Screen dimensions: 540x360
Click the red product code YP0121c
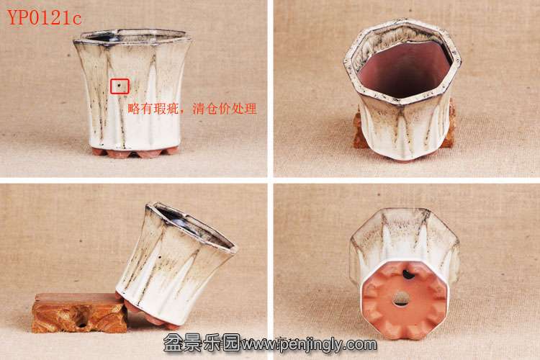click(44, 17)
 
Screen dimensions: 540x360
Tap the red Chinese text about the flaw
click(192, 109)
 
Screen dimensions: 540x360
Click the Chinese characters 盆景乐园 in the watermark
click(201, 343)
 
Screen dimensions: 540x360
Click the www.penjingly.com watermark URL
click(309, 343)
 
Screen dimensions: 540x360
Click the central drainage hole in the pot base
click(400, 299)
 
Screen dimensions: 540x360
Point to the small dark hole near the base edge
click(408, 274)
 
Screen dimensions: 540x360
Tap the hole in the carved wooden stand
click(82, 324)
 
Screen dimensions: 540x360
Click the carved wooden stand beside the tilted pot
click(79, 312)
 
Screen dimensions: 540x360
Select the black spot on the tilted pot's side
click(160, 256)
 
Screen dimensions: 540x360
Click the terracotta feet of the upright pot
click(135, 152)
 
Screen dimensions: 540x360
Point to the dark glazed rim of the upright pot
click(132, 38)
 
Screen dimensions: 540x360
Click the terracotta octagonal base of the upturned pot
click(405, 300)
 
